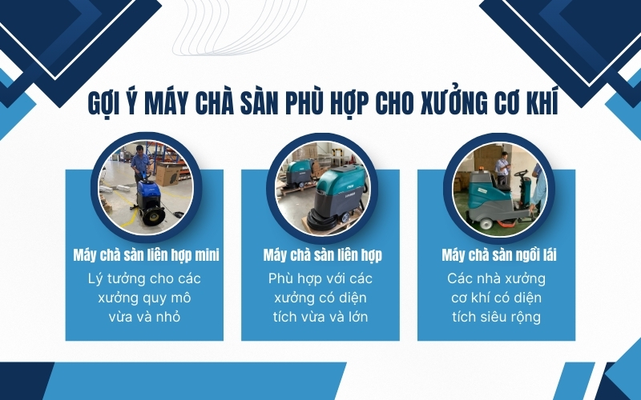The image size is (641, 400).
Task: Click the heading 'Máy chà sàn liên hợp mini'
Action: point(144,255)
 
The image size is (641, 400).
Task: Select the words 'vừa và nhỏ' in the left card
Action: point(144,317)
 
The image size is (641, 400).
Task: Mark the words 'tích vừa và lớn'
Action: point(320,317)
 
